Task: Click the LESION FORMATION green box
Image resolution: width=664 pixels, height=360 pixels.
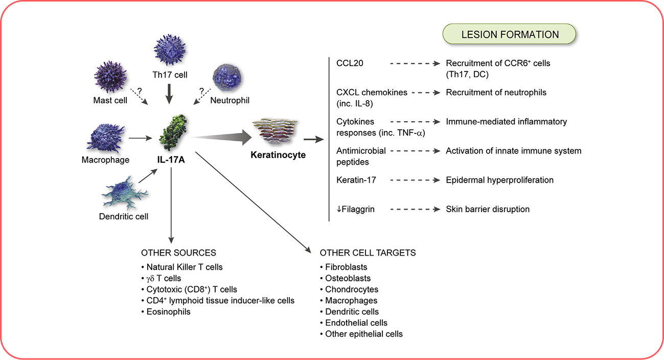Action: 510,35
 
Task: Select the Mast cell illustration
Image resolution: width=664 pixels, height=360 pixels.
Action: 110,77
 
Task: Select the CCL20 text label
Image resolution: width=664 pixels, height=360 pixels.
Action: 350,63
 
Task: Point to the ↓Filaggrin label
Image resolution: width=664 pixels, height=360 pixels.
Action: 356,209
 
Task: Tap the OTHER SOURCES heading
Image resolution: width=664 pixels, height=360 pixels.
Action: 178,253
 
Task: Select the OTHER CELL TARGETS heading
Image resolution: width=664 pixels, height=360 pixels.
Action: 368,253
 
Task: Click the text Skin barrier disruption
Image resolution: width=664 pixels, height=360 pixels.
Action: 488,209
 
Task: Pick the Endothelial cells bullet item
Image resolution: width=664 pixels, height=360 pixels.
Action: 356,323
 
